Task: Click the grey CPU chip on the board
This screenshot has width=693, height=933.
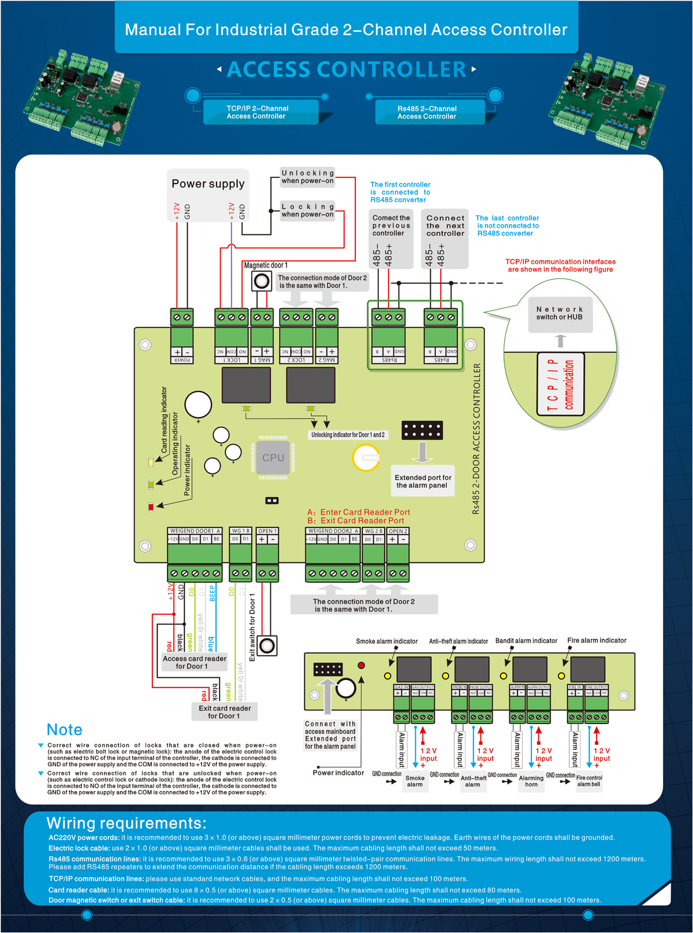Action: (x=273, y=458)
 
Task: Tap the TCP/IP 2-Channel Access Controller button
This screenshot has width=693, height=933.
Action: (x=257, y=112)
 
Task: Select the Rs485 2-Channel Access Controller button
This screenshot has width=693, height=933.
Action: (x=427, y=113)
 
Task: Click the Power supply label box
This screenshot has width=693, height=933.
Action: (x=208, y=184)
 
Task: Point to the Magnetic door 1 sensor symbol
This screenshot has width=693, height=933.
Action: (x=262, y=281)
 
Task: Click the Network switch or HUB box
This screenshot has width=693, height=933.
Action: (x=560, y=314)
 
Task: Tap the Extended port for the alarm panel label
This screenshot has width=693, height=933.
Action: (x=423, y=482)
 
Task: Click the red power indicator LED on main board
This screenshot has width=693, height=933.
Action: (x=151, y=507)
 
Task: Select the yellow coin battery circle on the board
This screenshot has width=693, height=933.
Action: (x=366, y=458)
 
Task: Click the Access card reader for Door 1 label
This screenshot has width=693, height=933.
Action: (x=195, y=662)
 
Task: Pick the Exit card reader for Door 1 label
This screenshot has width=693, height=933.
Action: (x=225, y=712)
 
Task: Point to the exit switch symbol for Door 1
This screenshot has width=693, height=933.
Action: (x=267, y=645)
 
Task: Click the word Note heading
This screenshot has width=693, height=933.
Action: (x=65, y=730)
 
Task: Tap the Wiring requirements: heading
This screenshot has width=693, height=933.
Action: (x=126, y=823)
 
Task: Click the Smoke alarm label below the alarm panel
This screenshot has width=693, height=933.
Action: (x=415, y=781)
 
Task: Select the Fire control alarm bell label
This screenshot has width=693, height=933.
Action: (x=588, y=781)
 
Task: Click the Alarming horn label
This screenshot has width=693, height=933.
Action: (x=531, y=781)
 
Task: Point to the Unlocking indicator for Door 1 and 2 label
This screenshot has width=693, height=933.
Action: (x=348, y=435)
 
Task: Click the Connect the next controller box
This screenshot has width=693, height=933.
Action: (x=445, y=226)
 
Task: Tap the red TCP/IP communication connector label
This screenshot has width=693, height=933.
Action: (x=561, y=384)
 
